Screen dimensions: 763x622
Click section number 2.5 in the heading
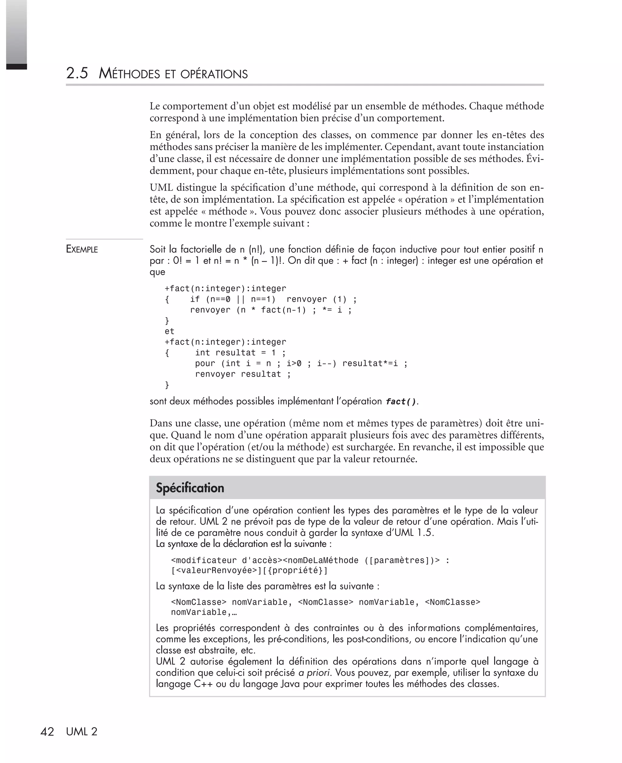click(x=77, y=73)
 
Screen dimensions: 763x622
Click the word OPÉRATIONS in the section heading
click(x=214, y=74)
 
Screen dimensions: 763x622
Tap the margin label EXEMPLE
click(x=82, y=249)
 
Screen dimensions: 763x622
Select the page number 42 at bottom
click(x=47, y=732)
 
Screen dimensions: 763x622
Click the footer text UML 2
click(x=82, y=732)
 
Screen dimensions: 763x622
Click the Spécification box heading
click(x=190, y=488)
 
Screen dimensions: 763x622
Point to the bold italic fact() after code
click(x=401, y=402)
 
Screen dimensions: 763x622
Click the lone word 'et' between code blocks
click(x=169, y=331)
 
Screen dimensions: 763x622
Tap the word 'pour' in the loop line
click(x=205, y=364)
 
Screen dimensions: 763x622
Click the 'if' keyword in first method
click(x=195, y=299)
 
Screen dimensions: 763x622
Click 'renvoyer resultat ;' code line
click(x=243, y=374)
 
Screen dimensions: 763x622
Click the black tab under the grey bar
click(x=16, y=67)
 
